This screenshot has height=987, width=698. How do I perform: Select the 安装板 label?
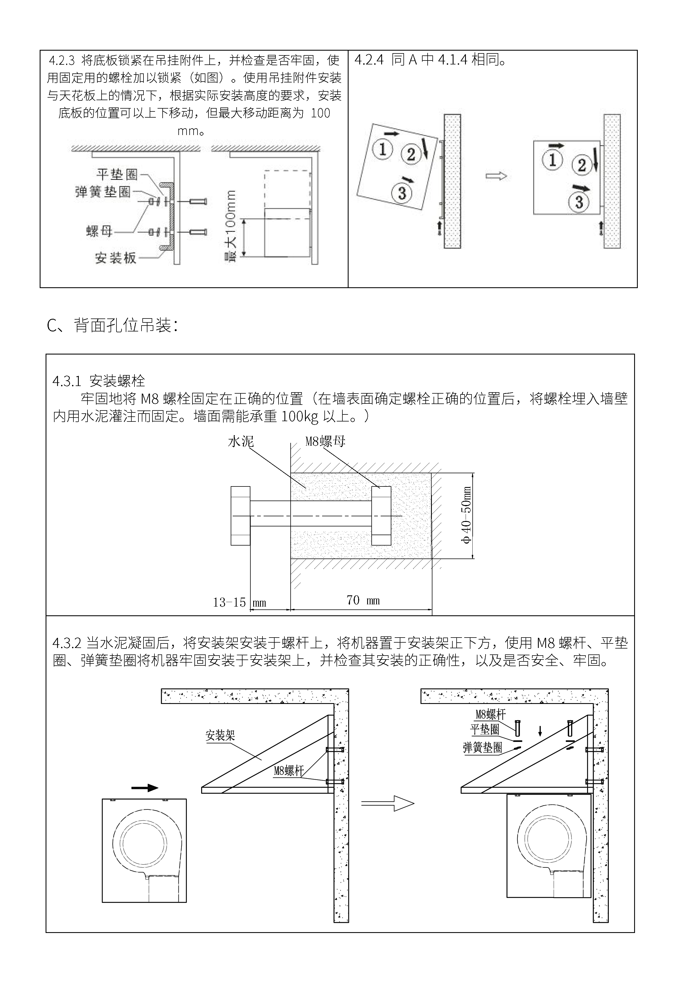pos(116,258)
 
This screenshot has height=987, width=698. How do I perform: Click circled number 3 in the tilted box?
pos(402,192)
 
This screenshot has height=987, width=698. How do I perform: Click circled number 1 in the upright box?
pos(553,160)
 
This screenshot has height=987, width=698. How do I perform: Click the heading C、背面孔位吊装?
pos(112,326)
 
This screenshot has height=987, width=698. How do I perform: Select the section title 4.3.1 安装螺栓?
pos(98,381)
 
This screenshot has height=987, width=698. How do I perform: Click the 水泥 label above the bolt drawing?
pos(241,441)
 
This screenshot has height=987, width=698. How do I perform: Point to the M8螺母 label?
pos(325,441)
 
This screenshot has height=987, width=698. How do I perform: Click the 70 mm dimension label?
pos(363,600)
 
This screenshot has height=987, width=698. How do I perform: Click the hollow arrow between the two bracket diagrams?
pos(387,803)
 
